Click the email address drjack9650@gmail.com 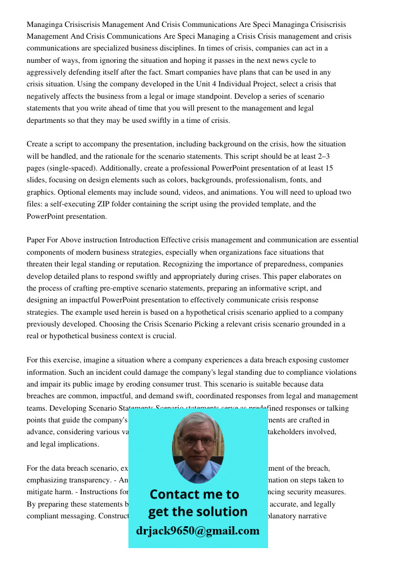tap(197, 531)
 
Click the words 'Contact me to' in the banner tap(194, 494)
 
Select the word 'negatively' tap(45, 96)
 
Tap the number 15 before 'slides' tap(329, 168)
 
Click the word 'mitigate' tap(41, 492)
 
